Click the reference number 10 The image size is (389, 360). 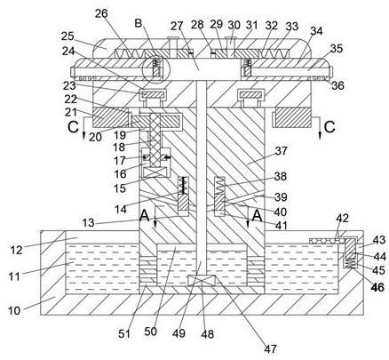[x=14, y=310]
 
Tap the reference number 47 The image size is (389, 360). [x=270, y=348]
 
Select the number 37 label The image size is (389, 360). [x=282, y=151]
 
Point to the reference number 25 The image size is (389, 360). [x=67, y=36]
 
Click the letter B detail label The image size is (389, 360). [x=139, y=23]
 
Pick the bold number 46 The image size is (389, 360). [x=377, y=287]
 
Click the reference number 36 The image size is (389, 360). [x=337, y=85]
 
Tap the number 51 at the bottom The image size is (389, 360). [x=124, y=333]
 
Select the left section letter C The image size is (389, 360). [x=73, y=127]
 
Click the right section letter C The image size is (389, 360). [x=329, y=127]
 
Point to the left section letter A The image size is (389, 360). [x=145, y=215]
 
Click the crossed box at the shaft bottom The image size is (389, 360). [x=202, y=280]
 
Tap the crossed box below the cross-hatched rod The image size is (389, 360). [x=156, y=172]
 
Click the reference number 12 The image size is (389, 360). [x=16, y=250]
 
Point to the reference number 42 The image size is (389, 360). [x=342, y=219]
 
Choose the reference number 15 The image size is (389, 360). [x=120, y=188]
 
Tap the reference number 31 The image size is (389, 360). [x=252, y=25]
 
